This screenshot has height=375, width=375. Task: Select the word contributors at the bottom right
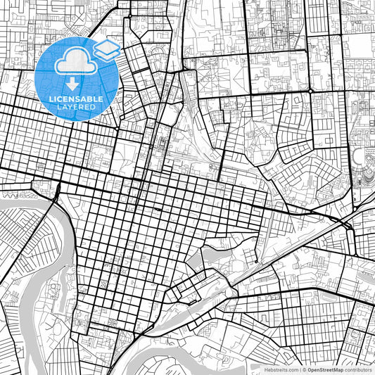[359, 369]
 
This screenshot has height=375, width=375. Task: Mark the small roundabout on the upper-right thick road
[310, 91]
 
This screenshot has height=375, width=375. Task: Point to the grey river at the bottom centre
[211, 362]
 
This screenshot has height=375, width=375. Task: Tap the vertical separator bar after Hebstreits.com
[299, 369]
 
